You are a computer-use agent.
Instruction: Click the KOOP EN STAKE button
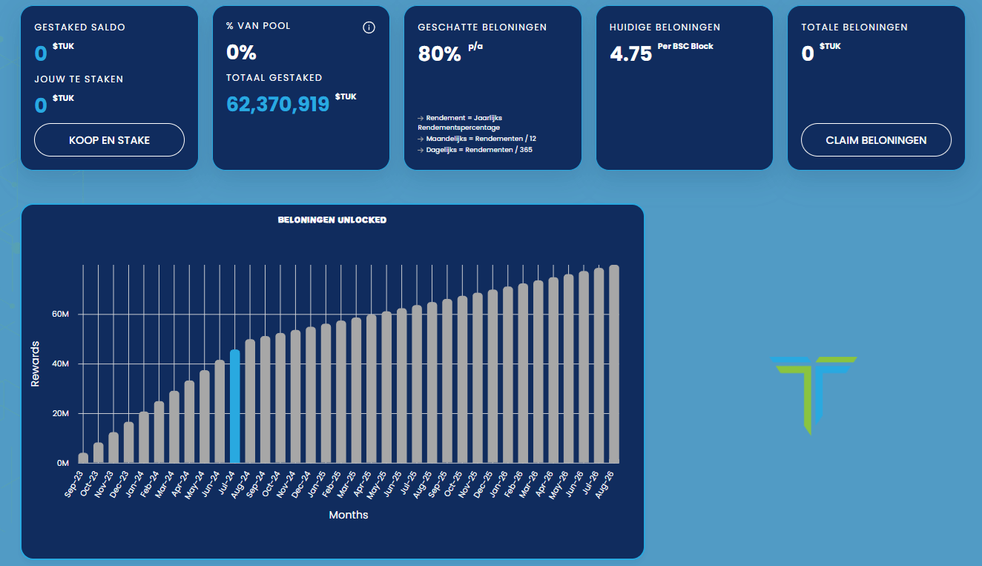(109, 140)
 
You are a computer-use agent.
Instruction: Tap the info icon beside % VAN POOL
(369, 28)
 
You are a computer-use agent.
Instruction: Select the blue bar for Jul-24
(235, 406)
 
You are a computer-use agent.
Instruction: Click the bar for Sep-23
(83, 458)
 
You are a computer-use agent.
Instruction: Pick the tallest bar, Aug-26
(614, 363)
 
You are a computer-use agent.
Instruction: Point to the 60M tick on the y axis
(60, 315)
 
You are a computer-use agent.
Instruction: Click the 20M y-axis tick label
(60, 413)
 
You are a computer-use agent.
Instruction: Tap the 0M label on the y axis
(62, 463)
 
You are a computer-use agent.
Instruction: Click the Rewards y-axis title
(35, 363)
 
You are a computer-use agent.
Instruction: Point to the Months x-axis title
(349, 515)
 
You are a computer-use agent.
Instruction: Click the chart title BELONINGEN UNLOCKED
(332, 220)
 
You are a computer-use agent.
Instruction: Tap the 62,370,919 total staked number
(277, 104)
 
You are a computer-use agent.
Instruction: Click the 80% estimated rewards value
(439, 54)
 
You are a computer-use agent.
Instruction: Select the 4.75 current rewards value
(630, 54)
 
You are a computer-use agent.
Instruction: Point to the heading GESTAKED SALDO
(79, 27)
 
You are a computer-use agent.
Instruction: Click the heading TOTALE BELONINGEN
(854, 27)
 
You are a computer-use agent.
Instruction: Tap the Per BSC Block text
(685, 47)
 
